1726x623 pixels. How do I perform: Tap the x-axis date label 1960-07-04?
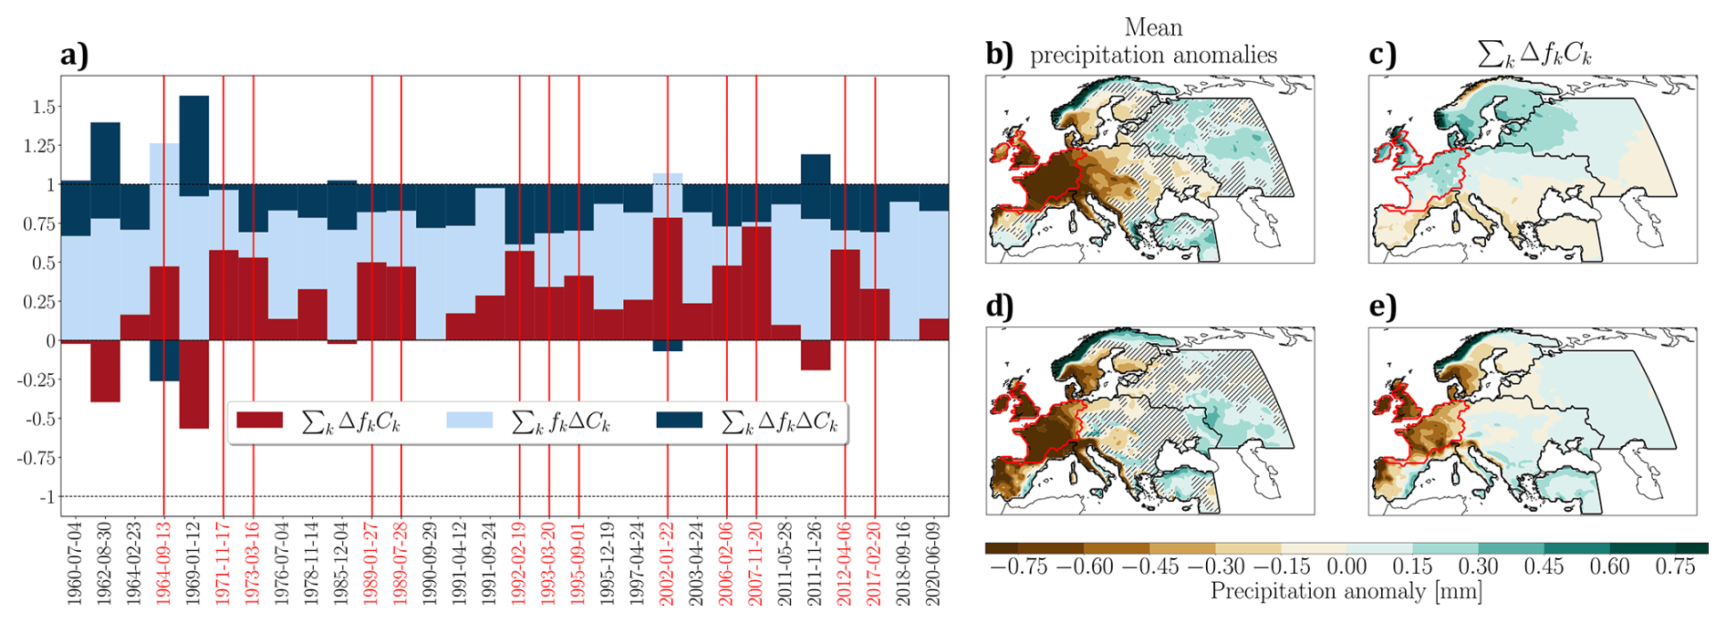click(x=76, y=564)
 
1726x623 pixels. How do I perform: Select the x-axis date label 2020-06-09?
click(x=932, y=564)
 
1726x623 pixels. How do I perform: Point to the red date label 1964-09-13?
click(x=164, y=564)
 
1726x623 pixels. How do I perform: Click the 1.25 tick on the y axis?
click(x=40, y=146)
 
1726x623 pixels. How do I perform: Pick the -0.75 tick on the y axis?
click(x=36, y=458)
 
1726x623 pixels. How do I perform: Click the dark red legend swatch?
click(x=259, y=421)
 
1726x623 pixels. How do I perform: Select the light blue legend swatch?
click(x=469, y=421)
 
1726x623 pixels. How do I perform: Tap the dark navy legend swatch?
click(x=679, y=421)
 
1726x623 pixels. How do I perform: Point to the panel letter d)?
click(x=1000, y=306)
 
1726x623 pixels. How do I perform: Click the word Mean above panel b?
click(x=1153, y=27)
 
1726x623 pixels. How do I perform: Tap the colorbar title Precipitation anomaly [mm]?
click(x=1346, y=592)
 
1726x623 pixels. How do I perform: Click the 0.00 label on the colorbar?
click(x=1346, y=566)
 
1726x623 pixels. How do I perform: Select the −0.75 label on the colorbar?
click(x=1018, y=566)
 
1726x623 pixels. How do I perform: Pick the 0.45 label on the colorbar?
click(x=1544, y=566)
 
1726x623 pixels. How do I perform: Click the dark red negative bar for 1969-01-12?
click(x=194, y=384)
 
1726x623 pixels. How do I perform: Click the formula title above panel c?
click(x=1534, y=55)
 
